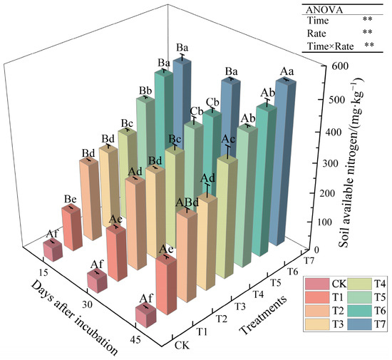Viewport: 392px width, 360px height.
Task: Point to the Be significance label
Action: pyautogui.click(x=68, y=200)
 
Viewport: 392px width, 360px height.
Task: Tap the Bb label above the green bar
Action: pyautogui.click(x=145, y=91)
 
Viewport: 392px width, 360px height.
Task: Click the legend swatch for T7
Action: pyautogui.click(x=314, y=345)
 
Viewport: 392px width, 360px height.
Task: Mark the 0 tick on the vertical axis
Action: pyautogui.click(x=318, y=250)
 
